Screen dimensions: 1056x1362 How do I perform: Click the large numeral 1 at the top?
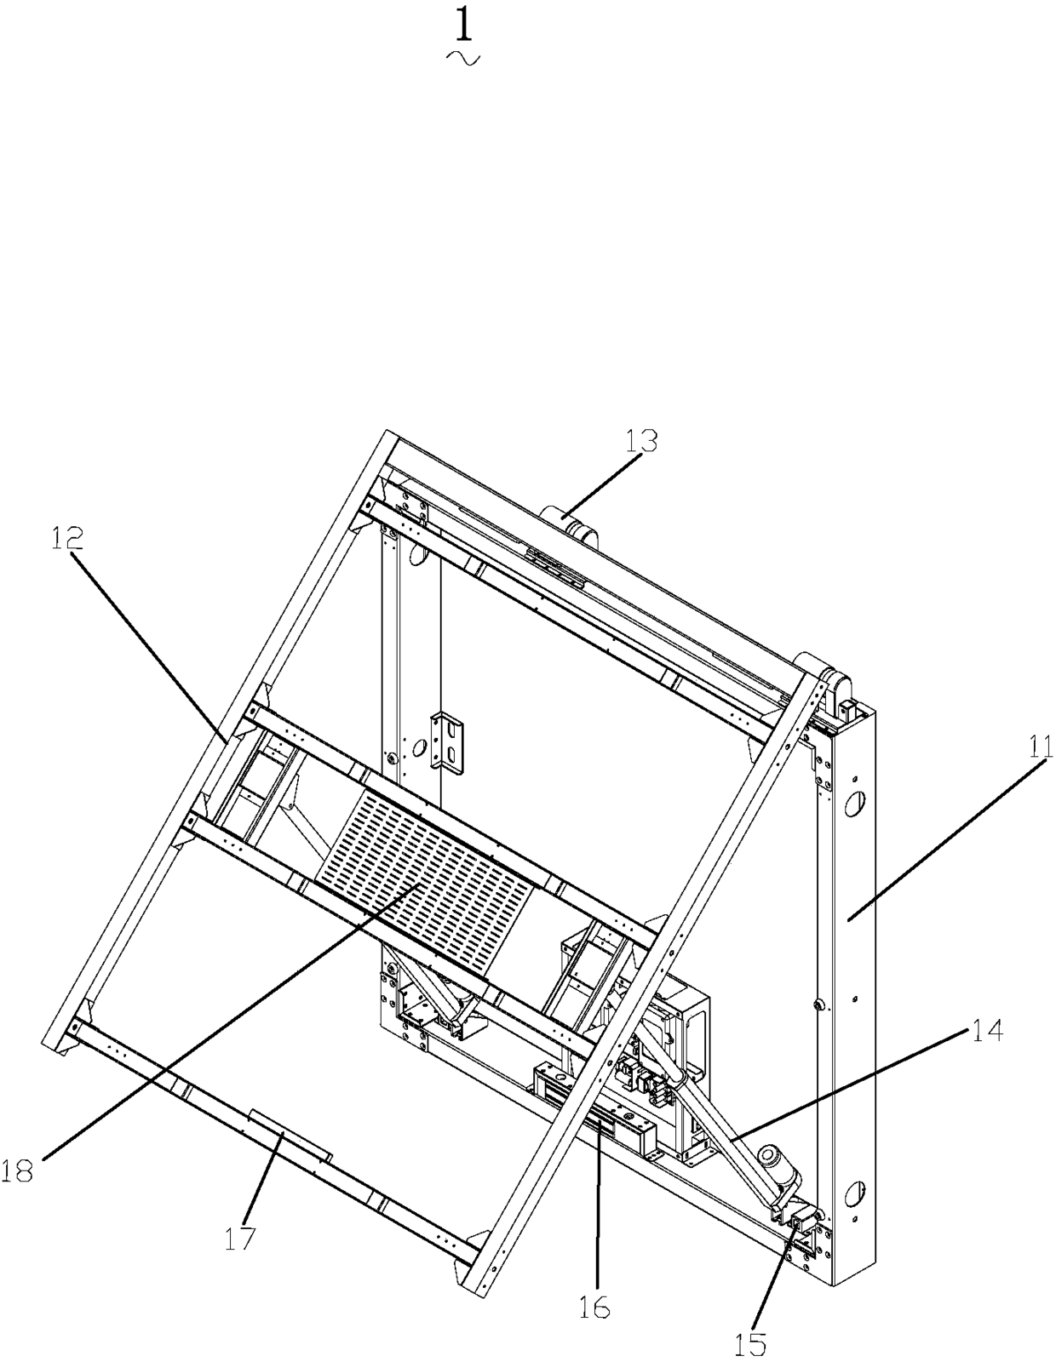(x=462, y=25)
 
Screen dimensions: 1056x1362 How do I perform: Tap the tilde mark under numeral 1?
(x=462, y=58)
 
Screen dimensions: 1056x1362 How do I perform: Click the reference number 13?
(x=641, y=440)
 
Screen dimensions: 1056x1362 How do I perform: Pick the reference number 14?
(x=985, y=1032)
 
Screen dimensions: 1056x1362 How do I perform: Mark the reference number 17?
(x=240, y=1237)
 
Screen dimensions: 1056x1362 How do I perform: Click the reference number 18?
(x=17, y=1170)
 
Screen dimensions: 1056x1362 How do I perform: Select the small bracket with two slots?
(x=449, y=741)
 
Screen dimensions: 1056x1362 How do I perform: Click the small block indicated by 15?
(x=801, y=1226)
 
